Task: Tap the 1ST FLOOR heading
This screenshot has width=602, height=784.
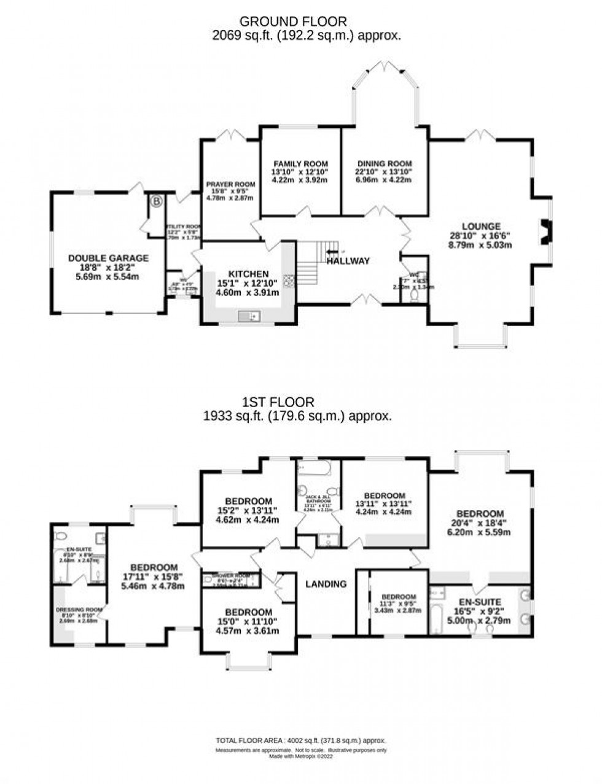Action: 278,403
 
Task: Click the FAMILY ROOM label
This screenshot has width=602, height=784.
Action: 301,163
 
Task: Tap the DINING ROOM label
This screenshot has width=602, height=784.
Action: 385,163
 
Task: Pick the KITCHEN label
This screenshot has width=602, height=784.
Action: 248,274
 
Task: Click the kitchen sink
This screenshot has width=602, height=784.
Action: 249,316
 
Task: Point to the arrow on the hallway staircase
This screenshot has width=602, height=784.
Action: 332,252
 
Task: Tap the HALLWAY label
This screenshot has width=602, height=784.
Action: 348,261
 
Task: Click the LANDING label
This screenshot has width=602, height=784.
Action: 326,584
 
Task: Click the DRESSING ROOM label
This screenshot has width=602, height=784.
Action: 74,610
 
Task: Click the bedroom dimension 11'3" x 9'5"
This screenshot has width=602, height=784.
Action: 399,605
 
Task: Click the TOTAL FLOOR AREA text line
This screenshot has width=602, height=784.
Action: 300,741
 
